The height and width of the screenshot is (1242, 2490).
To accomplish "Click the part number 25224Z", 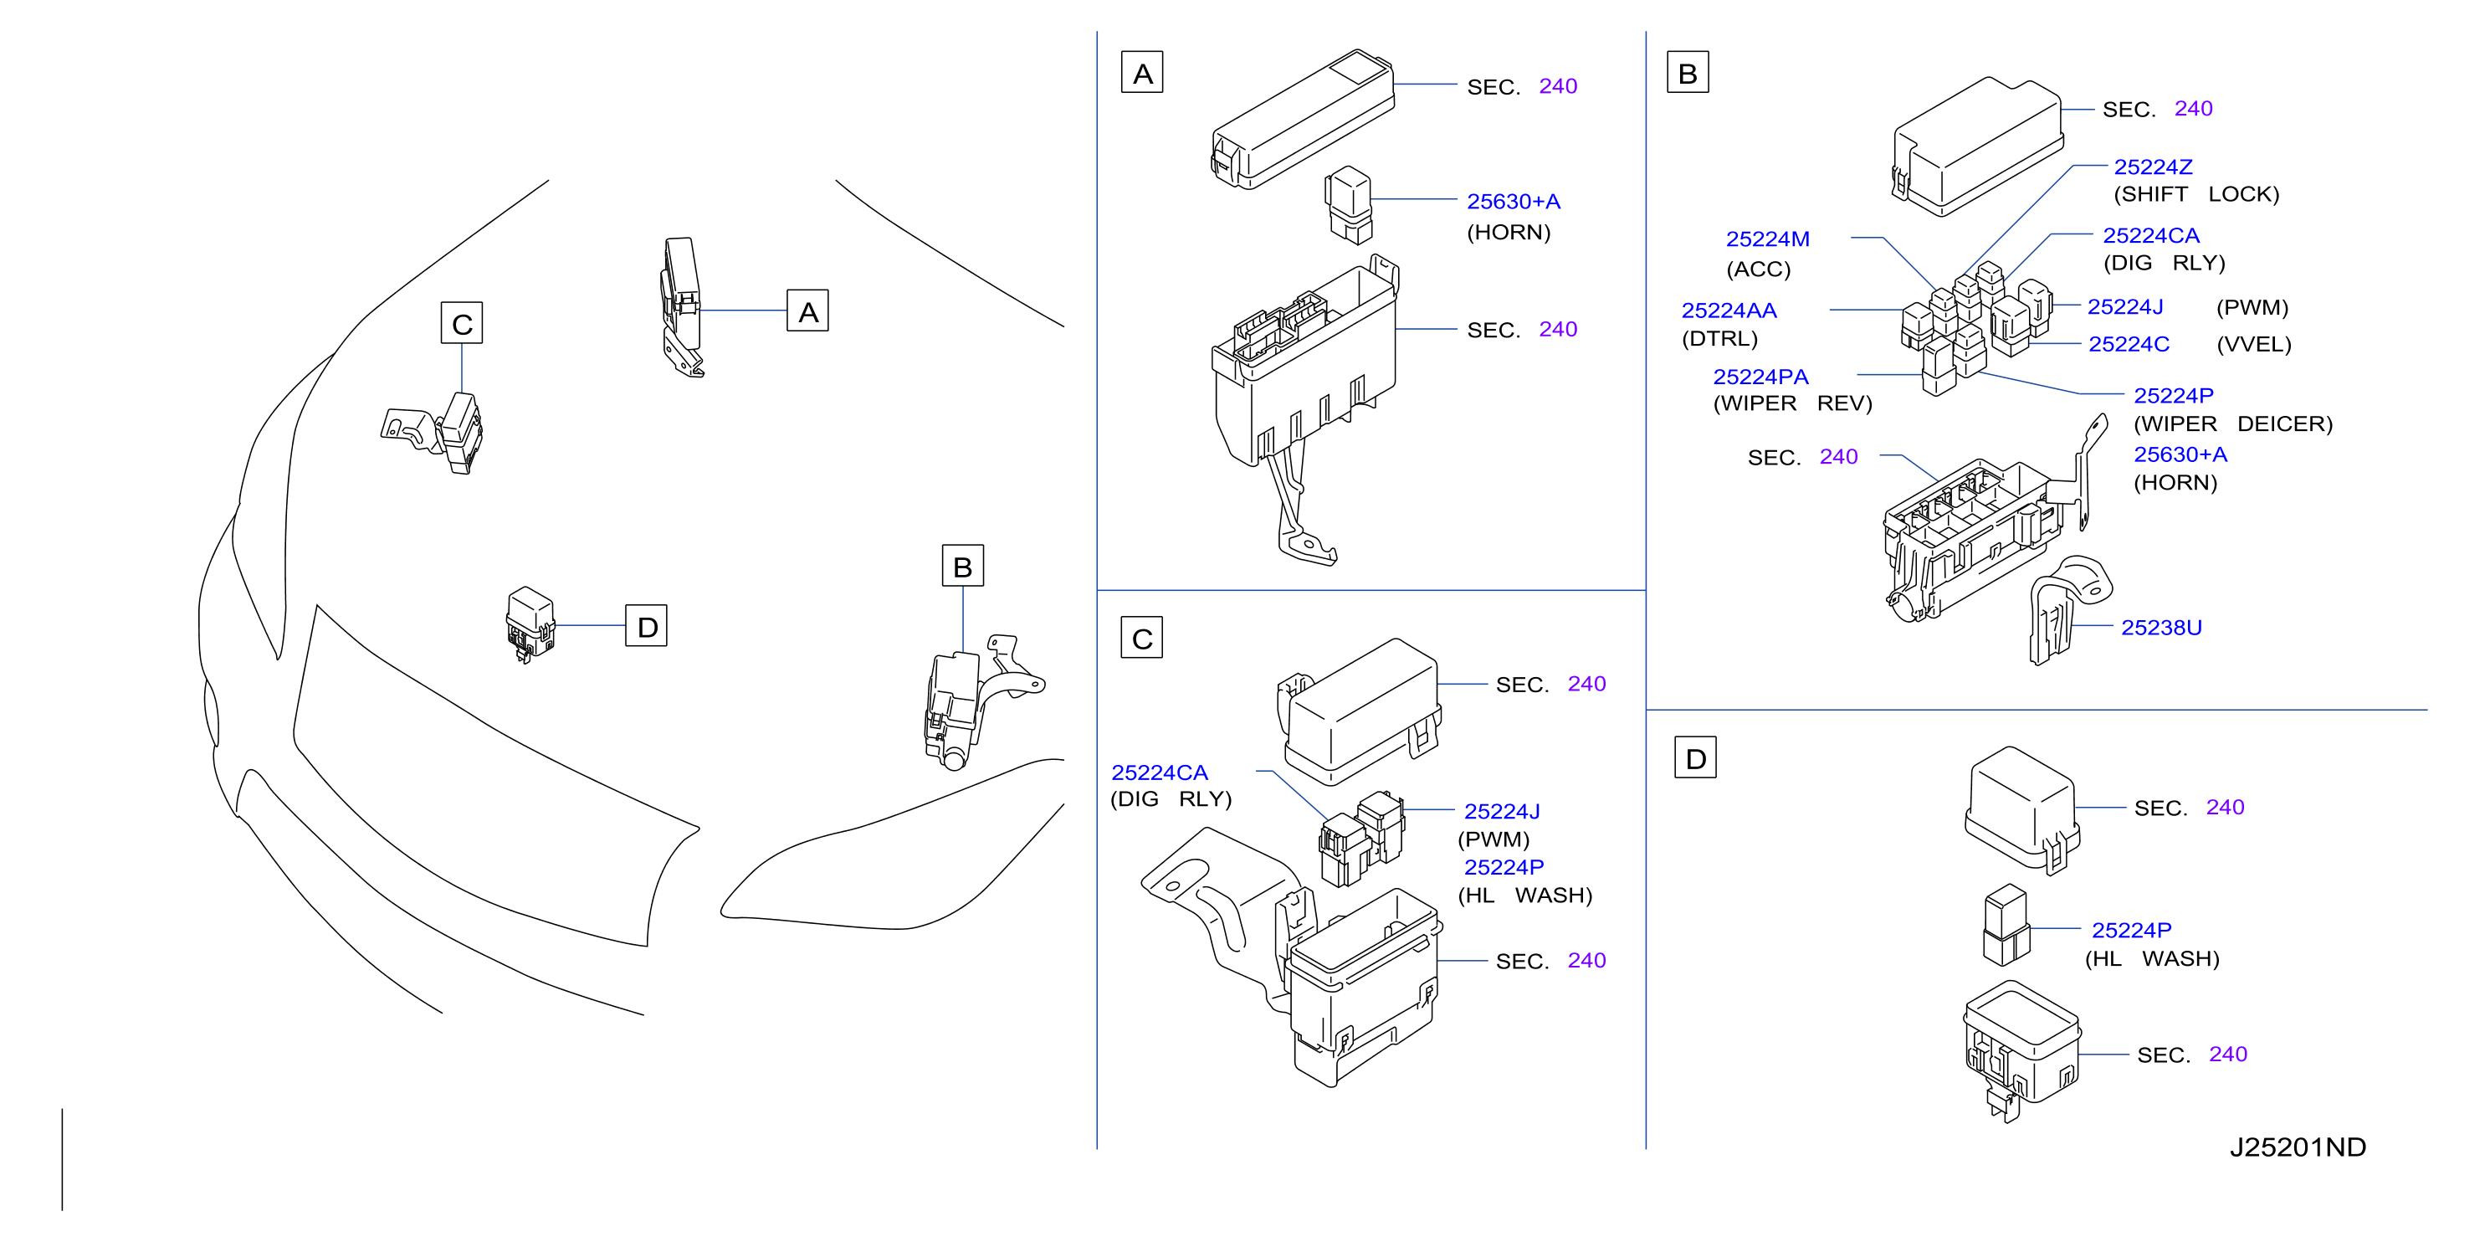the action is tap(2153, 167).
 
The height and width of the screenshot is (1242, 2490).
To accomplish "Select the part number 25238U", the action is tap(2161, 628).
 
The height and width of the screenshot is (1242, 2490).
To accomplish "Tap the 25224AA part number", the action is tap(1729, 310).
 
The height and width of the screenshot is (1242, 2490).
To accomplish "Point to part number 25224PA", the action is tap(1760, 377).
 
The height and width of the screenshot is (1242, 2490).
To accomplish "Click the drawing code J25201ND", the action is tap(2298, 1147).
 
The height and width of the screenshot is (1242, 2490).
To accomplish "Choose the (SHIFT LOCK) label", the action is tap(2196, 194).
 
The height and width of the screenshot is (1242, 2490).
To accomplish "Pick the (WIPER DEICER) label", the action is tap(2233, 424).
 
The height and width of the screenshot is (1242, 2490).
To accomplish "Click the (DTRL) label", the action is tap(1719, 338).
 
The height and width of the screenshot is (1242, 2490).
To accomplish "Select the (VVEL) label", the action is tap(2253, 344).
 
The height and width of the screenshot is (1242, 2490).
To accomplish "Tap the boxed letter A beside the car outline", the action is tap(807, 310).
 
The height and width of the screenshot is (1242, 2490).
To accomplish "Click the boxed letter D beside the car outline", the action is tap(647, 626).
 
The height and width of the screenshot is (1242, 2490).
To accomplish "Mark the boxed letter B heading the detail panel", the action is tap(1688, 73).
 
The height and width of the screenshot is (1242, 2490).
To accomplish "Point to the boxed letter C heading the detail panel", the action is tap(1141, 638).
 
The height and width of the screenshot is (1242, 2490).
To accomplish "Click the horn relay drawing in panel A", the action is tap(1349, 205).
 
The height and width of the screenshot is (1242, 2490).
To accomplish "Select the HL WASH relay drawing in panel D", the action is tap(2006, 925).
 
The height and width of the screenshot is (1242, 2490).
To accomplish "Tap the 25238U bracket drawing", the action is tap(2068, 609).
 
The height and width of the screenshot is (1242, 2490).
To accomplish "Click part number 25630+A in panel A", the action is tap(1514, 202).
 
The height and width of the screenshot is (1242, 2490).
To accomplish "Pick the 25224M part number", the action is tap(1768, 239).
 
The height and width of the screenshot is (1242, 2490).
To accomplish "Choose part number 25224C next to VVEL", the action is tap(2129, 344).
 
